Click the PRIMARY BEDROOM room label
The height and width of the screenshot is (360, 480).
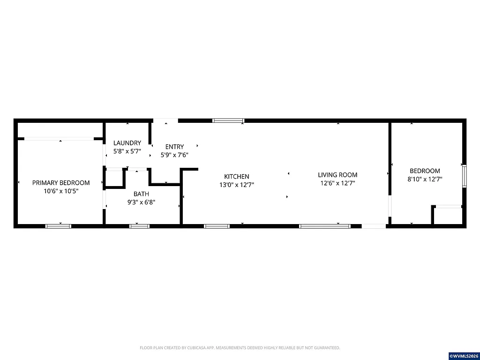tap(61, 182)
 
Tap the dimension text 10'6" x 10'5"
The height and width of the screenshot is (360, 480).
tap(61, 191)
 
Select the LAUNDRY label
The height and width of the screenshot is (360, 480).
tap(127, 143)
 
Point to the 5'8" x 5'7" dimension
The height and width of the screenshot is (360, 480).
tap(127, 151)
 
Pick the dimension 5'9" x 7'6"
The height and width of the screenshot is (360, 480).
tap(174, 155)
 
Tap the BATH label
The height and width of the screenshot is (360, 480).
tap(141, 194)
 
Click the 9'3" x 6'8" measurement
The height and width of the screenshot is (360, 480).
tap(141, 202)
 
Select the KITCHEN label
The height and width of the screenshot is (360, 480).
tap(237, 176)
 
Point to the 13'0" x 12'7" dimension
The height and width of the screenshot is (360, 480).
tap(237, 185)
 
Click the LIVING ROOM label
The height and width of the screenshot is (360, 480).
tap(337, 175)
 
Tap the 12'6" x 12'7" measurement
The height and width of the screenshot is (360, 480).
tap(337, 183)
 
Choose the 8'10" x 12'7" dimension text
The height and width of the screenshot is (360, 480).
tap(425, 179)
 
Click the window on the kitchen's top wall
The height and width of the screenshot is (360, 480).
tap(228, 120)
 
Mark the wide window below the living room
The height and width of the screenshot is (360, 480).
tap(325, 226)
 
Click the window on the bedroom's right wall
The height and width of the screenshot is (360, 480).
tap(464, 175)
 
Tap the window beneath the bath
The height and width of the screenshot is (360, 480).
tap(139, 226)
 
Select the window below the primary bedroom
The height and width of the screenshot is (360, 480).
tap(58, 226)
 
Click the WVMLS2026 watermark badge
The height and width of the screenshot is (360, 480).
tap(464, 356)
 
